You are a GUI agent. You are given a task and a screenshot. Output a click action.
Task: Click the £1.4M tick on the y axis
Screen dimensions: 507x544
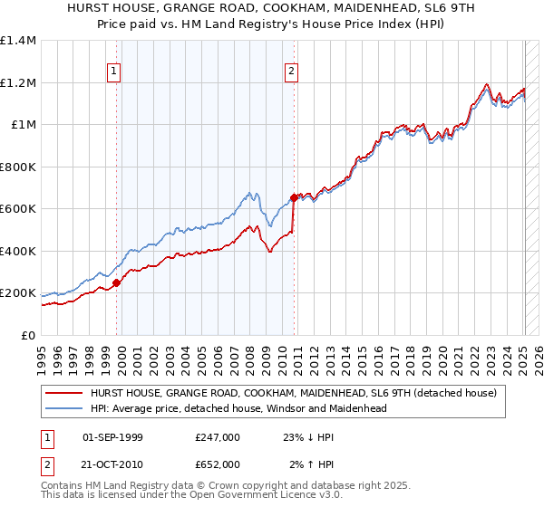[19, 41]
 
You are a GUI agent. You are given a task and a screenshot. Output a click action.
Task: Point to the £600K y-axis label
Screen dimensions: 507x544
[19, 209]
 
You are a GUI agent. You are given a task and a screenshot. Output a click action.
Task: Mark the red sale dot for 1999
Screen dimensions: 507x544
[116, 283]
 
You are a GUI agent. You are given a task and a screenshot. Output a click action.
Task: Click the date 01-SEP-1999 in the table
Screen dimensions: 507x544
[112, 436]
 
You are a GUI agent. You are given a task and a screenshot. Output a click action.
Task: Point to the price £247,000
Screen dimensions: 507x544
[218, 436]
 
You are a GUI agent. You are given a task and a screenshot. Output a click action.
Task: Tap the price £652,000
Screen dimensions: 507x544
[218, 465]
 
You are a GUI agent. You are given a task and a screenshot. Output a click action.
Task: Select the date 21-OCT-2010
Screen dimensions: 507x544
[112, 465]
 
